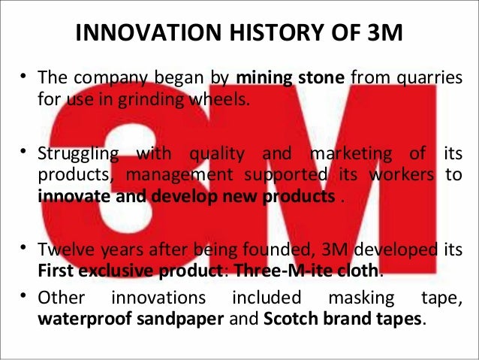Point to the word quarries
tap(432, 78)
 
